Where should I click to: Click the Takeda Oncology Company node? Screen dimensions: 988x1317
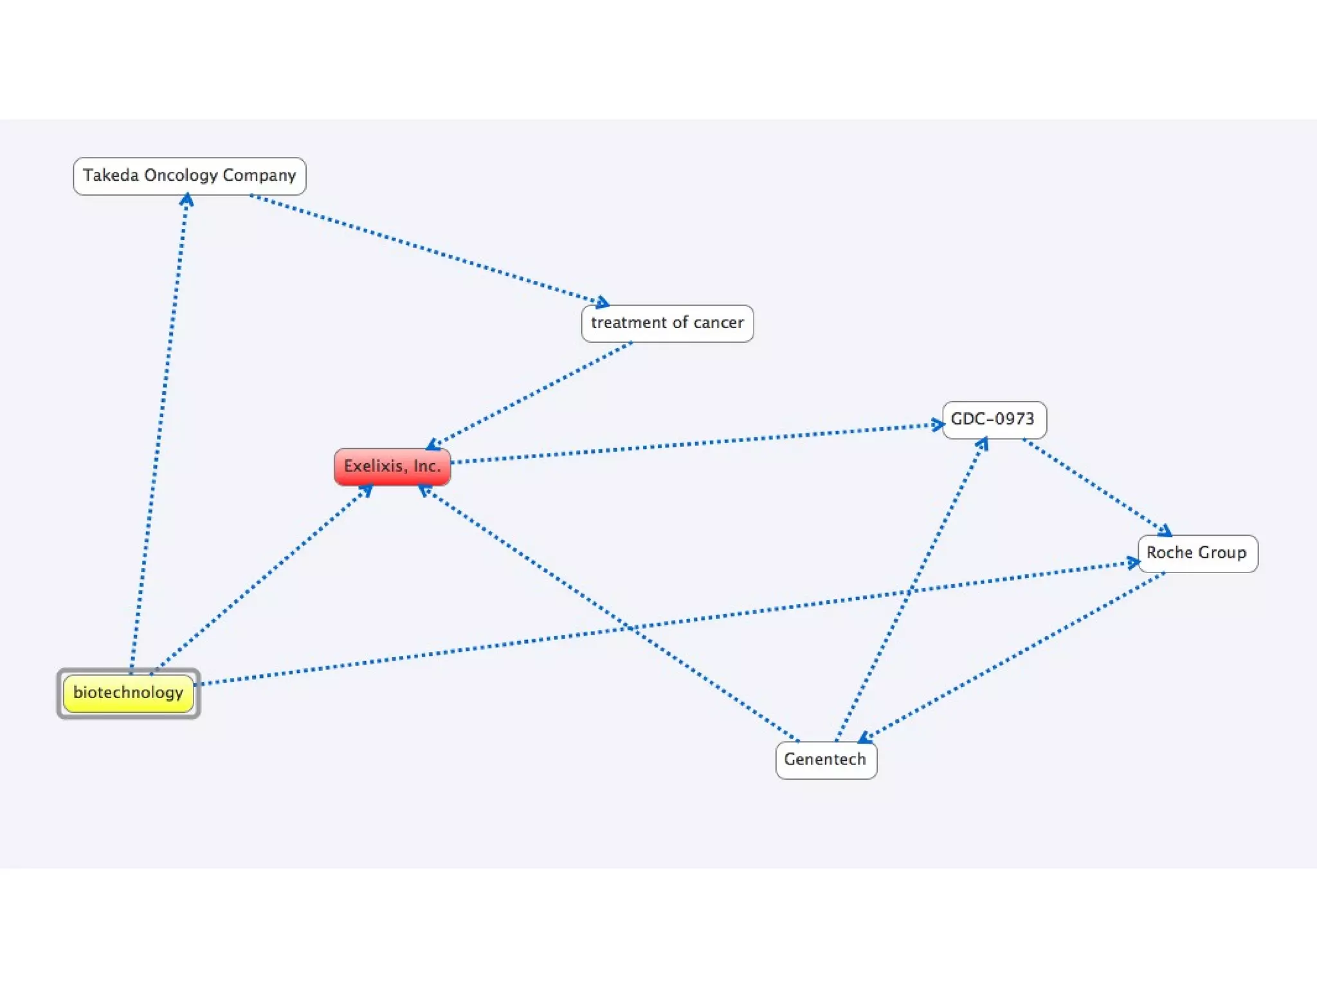pos(190,176)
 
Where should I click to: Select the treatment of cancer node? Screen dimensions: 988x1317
pos(667,323)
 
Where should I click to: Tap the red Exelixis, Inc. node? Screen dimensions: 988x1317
pos(392,466)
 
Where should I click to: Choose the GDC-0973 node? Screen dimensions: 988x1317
pos(994,419)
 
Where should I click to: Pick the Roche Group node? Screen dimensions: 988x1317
pos(1197,553)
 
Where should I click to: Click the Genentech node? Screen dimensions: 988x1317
pos(826,760)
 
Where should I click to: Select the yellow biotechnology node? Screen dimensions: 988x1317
pos(129,693)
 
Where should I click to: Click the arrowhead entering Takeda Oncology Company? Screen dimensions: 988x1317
pos(186,200)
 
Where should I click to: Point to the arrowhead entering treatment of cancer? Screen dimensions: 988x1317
pos(602,302)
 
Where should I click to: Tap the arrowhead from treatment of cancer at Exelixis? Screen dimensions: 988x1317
pos(433,444)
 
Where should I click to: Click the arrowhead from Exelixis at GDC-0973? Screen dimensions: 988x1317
pos(938,425)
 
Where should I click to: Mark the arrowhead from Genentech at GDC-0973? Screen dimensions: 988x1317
pos(982,443)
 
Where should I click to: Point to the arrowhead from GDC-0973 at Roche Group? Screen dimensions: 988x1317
pos(1165,531)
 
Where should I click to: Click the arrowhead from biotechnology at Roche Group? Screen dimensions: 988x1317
pos(1133,563)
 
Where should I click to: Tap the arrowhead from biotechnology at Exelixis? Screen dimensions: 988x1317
pos(366,491)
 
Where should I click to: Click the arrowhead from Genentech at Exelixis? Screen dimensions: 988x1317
pos(424,491)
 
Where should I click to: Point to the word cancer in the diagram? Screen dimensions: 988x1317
pos(718,323)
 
